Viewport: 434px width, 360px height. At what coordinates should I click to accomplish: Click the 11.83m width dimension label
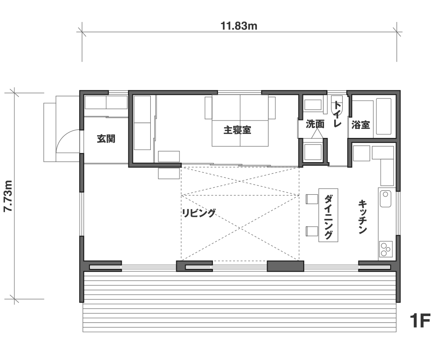click(x=239, y=26)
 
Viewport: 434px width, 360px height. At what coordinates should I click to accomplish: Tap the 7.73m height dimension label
click(x=9, y=196)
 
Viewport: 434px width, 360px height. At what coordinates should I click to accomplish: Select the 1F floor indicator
click(x=420, y=321)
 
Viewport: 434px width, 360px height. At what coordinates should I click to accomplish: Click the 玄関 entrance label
click(x=106, y=138)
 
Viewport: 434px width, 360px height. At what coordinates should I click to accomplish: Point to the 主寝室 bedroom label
click(x=237, y=130)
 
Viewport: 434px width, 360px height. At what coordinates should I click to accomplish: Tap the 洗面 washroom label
click(x=315, y=124)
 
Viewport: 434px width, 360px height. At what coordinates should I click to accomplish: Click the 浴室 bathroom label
click(x=361, y=124)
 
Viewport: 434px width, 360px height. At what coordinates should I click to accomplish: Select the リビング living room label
click(x=199, y=213)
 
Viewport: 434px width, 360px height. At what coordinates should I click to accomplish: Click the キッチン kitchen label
click(x=362, y=217)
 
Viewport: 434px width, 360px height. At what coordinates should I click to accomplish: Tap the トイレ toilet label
click(x=337, y=114)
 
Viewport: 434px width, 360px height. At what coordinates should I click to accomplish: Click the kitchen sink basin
click(x=385, y=198)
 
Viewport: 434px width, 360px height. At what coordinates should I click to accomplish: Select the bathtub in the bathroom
click(x=384, y=116)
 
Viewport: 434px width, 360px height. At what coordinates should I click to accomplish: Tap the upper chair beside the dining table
click(x=312, y=199)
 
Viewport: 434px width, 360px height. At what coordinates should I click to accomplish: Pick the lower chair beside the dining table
click(x=312, y=231)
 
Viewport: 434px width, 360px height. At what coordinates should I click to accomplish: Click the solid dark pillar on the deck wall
click(x=285, y=266)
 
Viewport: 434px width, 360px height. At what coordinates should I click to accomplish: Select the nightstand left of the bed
click(x=208, y=108)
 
